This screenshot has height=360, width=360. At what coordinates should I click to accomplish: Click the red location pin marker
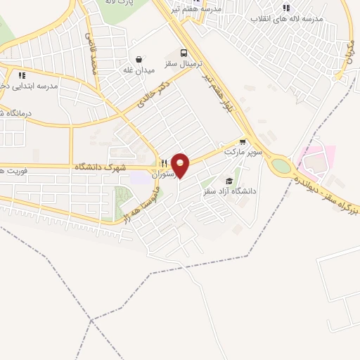(181, 165)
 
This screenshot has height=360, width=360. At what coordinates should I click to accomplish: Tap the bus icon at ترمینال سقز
(184, 53)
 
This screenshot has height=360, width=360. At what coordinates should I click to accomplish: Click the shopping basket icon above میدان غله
(139, 60)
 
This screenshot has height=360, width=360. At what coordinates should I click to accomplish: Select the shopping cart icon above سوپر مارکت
(243, 141)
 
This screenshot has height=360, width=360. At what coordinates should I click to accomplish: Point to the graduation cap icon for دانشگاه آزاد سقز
(229, 181)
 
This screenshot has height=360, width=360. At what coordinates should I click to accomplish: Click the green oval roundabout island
(281, 166)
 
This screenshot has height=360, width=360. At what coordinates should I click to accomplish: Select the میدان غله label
(138, 70)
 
